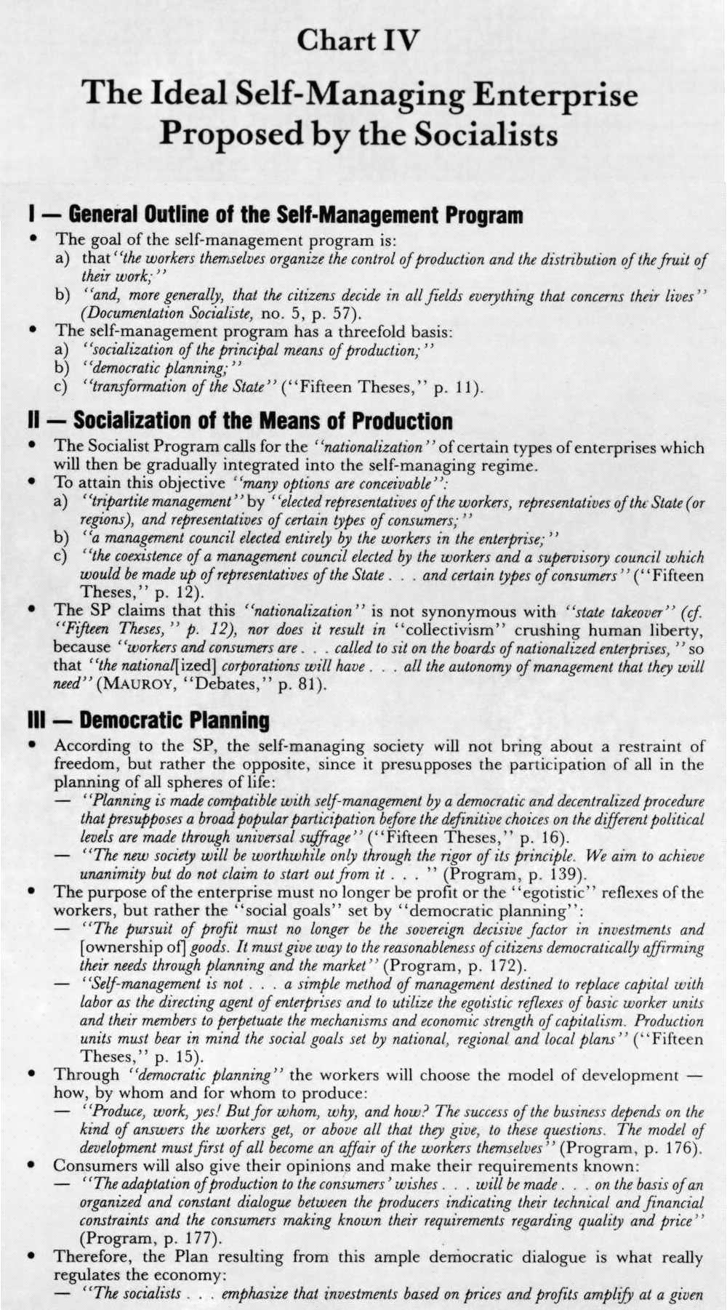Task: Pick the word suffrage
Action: tap(329, 837)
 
